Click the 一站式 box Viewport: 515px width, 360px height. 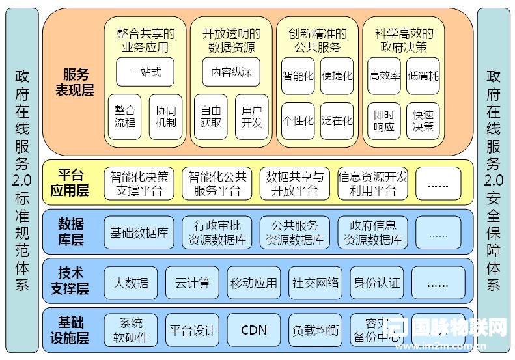(145, 72)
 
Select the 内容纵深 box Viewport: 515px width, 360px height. (230, 72)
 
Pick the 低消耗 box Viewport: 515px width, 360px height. (423, 76)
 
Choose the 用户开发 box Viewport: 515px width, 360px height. (251, 117)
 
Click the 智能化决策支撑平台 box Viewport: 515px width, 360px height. (139, 184)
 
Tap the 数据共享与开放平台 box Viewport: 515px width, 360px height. (295, 184)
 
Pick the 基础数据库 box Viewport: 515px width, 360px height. (139, 232)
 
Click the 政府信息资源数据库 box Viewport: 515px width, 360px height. (372, 232)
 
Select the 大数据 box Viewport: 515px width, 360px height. (130, 283)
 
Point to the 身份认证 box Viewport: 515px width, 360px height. (377, 283)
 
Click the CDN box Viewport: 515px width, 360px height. (253, 330)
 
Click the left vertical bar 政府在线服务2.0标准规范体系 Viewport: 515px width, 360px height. (21, 180)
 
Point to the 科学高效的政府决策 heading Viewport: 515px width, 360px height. (404, 40)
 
